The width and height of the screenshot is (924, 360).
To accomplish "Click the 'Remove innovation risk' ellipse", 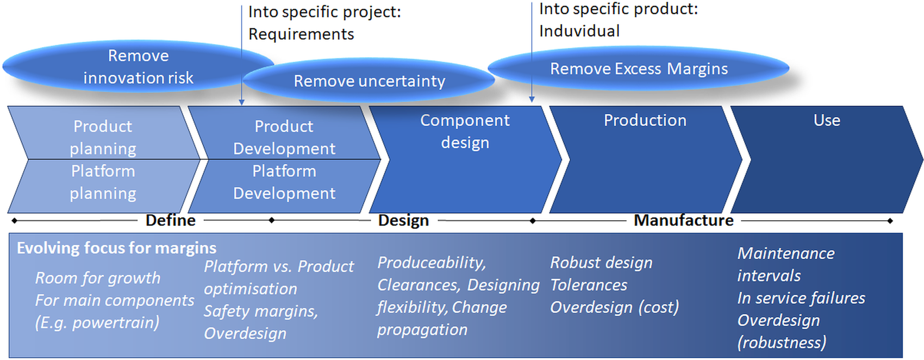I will coord(138,67).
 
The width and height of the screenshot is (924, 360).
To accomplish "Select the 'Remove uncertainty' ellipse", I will coord(369,81).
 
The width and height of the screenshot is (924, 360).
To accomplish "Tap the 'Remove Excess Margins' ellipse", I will coord(639,69).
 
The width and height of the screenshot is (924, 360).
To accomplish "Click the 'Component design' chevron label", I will coord(465,131).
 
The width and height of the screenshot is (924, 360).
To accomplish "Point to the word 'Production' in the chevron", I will coord(645,120).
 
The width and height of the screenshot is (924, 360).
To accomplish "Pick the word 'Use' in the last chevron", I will coord(827,120).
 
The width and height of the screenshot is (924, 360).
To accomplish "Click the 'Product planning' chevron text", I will coord(103,137).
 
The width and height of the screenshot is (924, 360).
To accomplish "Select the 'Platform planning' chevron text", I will coord(103,182).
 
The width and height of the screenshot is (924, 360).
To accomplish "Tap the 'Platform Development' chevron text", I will coord(284,182).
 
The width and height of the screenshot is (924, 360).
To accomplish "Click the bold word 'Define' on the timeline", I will coord(170,220).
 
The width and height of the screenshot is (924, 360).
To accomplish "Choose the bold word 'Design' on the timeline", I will coord(403,220).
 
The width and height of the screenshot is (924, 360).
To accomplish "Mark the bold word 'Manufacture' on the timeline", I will coord(683,220).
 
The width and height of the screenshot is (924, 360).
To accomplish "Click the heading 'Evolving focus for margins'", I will coord(116,248).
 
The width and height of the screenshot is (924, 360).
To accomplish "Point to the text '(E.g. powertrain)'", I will coord(97,322).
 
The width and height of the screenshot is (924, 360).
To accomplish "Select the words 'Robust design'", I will coord(601,263).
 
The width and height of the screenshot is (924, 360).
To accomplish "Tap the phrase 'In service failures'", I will coord(801,298).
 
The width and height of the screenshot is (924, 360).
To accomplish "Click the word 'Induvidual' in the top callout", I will coord(579,31).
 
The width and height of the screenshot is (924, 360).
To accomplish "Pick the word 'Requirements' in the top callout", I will coord(301,34).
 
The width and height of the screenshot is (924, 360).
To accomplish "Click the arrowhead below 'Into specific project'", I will coord(242,102).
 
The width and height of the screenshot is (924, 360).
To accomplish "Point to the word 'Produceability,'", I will coord(432,263).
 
